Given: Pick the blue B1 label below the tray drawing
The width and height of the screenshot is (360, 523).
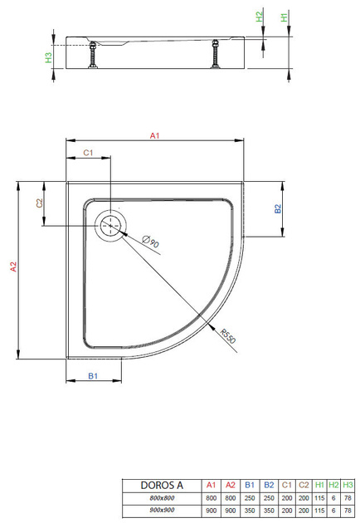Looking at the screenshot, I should (94, 376).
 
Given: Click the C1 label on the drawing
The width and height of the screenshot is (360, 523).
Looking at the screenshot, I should (89, 153).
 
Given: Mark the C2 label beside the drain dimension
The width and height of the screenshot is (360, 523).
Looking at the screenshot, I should (39, 203).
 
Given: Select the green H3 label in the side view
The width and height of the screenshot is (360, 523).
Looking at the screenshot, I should (48, 57).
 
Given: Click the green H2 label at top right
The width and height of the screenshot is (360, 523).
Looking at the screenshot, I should (260, 16).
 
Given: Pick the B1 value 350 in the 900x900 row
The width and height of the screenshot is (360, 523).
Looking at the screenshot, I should (249, 511).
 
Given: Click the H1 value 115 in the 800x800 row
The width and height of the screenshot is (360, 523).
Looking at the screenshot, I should (319, 498).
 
